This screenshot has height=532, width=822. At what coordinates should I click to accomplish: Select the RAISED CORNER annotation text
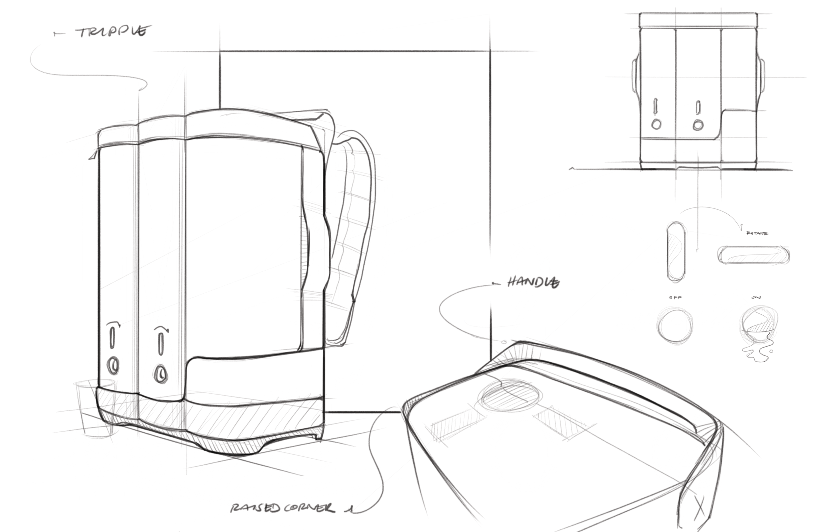[282, 507]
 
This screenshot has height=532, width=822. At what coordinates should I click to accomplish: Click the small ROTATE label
[757, 233]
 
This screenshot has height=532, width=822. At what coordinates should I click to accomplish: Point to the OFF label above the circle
[675, 298]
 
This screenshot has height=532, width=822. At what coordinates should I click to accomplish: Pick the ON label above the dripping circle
[756, 298]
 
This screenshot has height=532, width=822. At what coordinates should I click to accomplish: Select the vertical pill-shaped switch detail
[676, 252]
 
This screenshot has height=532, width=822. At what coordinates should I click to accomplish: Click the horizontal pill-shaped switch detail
[753, 255]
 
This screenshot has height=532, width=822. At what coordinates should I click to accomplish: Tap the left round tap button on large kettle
[113, 366]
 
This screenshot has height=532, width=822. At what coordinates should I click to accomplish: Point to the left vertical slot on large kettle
[112, 337]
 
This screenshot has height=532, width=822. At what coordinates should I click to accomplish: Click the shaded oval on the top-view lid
[509, 396]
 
